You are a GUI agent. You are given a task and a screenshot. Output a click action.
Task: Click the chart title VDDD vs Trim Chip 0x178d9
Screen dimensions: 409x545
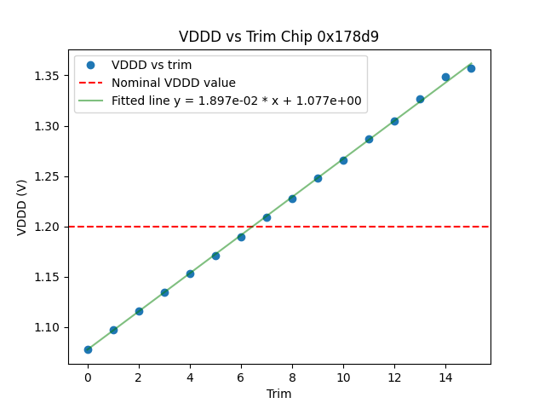click(x=278, y=37)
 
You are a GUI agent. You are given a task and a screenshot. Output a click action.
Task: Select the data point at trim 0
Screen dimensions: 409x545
click(x=88, y=349)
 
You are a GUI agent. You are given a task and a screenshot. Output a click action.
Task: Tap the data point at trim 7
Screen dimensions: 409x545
click(x=267, y=217)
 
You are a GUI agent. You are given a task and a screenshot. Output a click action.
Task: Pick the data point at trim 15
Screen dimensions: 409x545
click(x=471, y=68)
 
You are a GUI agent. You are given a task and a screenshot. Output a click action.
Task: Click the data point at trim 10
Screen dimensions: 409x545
click(x=343, y=160)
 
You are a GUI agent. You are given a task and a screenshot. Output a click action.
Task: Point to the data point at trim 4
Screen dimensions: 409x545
click(x=190, y=274)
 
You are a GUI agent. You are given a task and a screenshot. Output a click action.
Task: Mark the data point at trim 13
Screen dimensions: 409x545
click(x=420, y=99)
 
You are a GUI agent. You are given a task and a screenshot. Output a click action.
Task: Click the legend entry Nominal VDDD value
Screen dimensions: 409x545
click(x=174, y=83)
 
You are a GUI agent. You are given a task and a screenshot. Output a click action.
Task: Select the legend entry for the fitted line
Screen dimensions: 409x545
click(x=236, y=101)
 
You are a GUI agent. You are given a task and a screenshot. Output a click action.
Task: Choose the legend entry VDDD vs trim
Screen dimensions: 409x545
click(x=152, y=65)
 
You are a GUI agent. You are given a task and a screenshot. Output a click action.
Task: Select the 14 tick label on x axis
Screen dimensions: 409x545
click(x=445, y=377)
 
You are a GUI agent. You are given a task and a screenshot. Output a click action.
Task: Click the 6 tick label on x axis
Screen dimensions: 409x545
click(x=241, y=377)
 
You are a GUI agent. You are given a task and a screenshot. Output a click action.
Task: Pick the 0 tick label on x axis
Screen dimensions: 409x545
click(x=88, y=377)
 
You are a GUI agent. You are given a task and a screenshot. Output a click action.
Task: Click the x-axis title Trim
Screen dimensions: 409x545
click(x=278, y=394)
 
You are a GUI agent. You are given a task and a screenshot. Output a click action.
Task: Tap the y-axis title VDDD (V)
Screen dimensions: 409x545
click(x=22, y=207)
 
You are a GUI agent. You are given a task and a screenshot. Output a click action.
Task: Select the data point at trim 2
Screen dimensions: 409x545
click(x=139, y=311)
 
